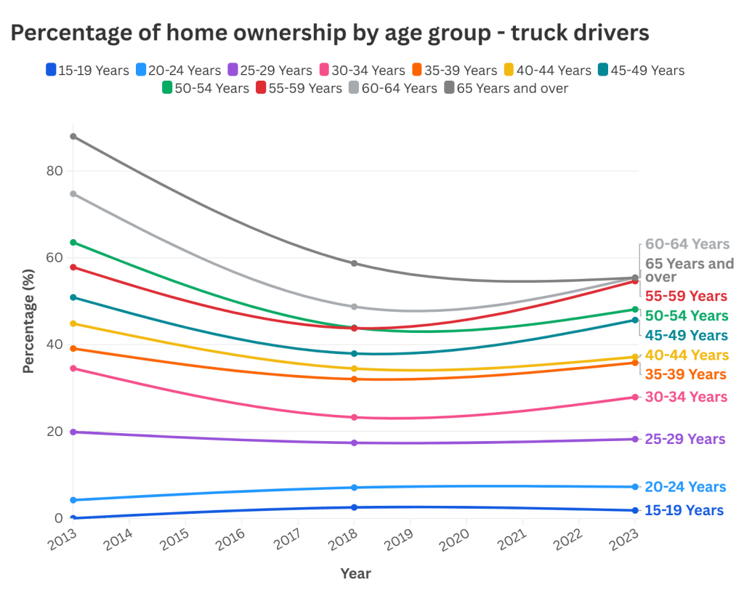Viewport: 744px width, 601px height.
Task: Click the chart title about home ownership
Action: tap(329, 33)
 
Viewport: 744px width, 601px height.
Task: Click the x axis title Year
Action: tap(355, 573)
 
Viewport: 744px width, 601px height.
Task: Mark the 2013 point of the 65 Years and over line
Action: tap(73, 136)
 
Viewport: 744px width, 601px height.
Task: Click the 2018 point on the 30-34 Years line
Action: tap(354, 417)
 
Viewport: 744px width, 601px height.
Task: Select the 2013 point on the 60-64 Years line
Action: tap(73, 194)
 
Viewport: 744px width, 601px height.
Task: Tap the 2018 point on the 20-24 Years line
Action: tap(354, 487)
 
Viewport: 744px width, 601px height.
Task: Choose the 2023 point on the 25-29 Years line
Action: tap(635, 439)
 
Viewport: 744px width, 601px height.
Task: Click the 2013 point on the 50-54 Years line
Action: tap(73, 242)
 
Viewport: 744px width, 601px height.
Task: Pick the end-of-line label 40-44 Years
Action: tap(685, 355)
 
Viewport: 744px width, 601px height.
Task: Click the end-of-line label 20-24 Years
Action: tap(685, 487)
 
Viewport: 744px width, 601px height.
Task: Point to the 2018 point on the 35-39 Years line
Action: tap(354, 379)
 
